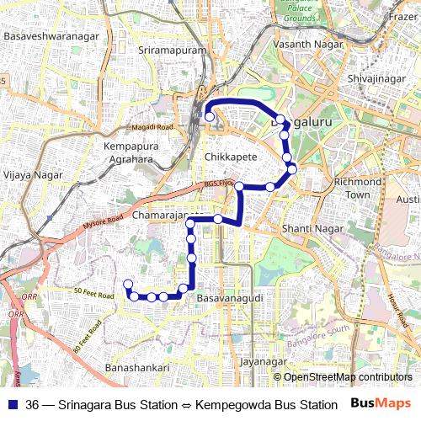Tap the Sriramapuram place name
[x=171, y=51]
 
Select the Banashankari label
[x=137, y=368]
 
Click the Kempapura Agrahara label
[x=130, y=153]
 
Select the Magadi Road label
[x=152, y=127]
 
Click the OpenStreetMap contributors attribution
[x=346, y=376]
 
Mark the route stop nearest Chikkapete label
[x=239, y=186]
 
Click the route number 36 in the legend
[x=32, y=404]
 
